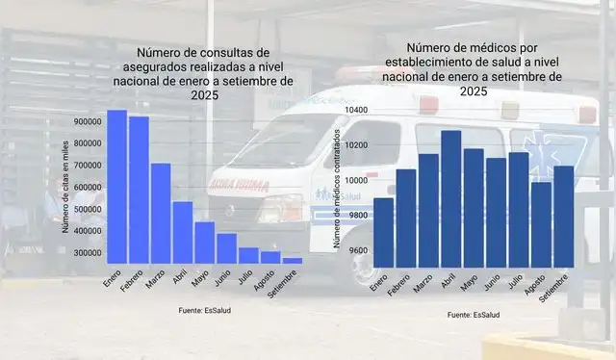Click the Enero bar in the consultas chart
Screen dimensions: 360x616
click(x=116, y=187)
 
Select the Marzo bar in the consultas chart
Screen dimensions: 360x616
click(x=161, y=213)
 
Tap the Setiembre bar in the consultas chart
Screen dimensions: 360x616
click(x=293, y=261)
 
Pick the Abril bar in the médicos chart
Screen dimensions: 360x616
click(x=451, y=197)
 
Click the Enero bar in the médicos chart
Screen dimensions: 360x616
click(x=383, y=231)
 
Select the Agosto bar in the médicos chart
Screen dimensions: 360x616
click(x=542, y=223)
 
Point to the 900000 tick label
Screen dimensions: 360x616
click(x=87, y=122)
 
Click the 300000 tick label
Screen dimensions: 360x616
click(x=87, y=252)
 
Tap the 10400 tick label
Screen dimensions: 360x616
click(x=355, y=110)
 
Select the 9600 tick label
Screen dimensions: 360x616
click(x=357, y=250)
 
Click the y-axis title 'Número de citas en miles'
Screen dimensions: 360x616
click(x=65, y=188)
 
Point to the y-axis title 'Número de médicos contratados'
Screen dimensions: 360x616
click(x=337, y=189)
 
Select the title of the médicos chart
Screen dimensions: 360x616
click(x=472, y=68)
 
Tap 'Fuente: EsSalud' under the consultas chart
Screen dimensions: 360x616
click(x=205, y=310)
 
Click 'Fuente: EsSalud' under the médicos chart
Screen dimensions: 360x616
click(x=473, y=315)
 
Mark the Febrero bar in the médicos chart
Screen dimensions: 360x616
click(x=406, y=217)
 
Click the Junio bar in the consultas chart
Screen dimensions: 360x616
click(x=226, y=248)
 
